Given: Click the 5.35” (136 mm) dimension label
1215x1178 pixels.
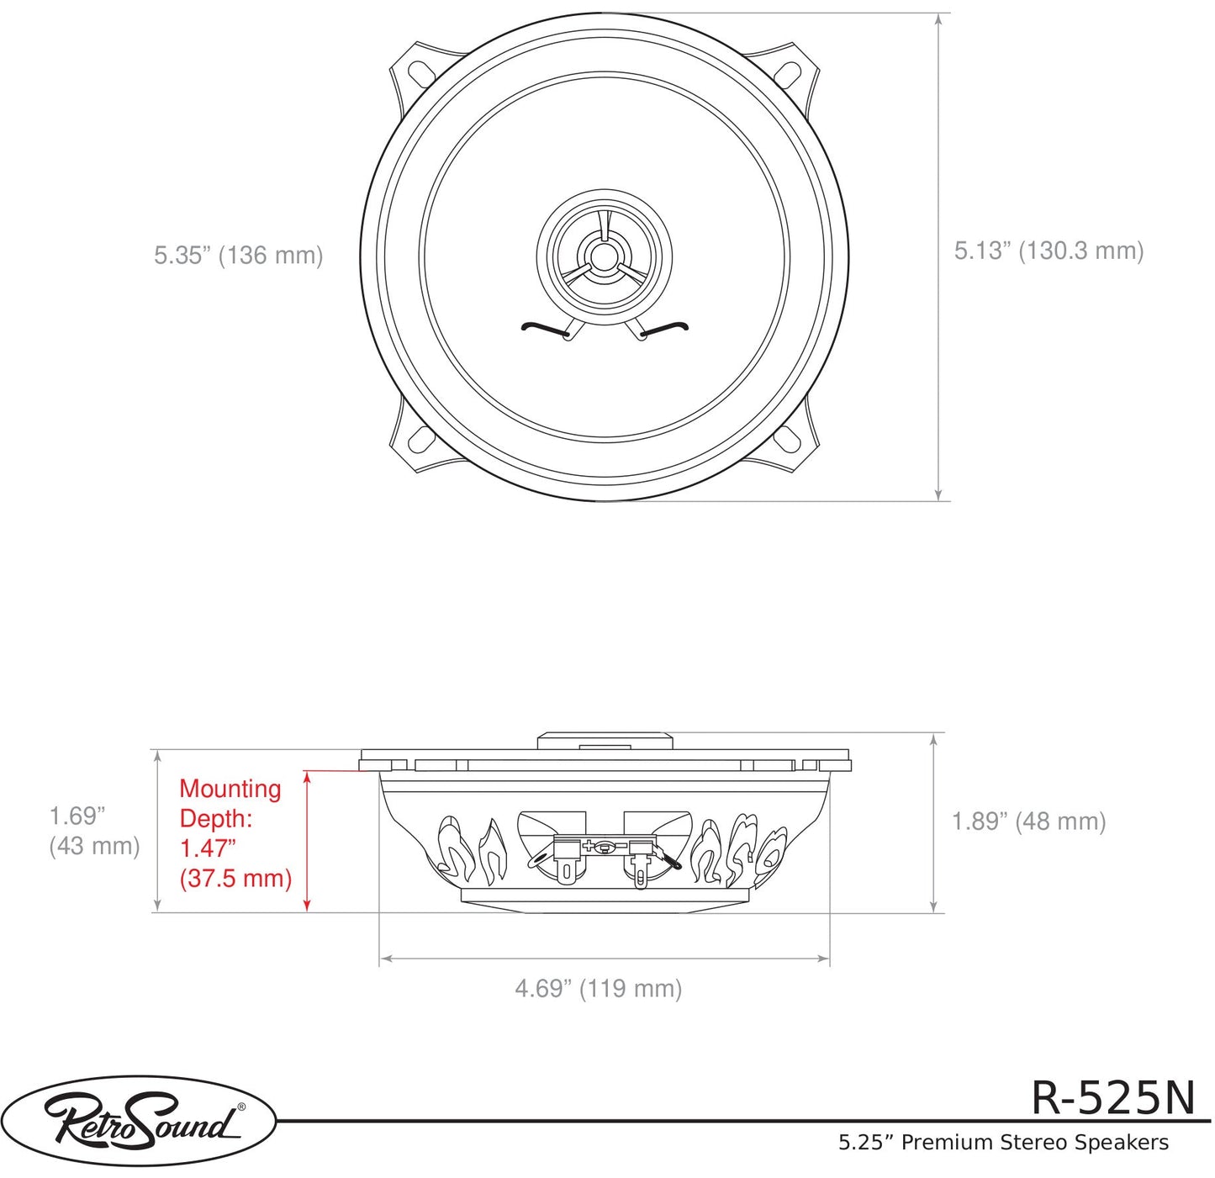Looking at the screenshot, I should pyautogui.click(x=238, y=255).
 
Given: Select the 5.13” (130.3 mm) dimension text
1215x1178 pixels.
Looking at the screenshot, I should pyautogui.click(x=1048, y=251).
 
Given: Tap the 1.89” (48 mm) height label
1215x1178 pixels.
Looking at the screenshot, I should pyautogui.click(x=1027, y=821).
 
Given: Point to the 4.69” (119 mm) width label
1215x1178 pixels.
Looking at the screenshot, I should pyautogui.click(x=598, y=988).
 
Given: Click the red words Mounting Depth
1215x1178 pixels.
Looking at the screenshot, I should pyautogui.click(x=230, y=803).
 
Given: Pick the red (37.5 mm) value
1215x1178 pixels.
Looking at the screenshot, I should pyautogui.click(x=235, y=879).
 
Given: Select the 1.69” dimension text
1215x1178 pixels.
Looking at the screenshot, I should pyautogui.click(x=77, y=816).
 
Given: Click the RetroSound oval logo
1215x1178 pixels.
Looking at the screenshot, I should pyautogui.click(x=139, y=1121).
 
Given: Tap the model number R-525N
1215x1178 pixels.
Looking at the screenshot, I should pyautogui.click(x=1112, y=1097).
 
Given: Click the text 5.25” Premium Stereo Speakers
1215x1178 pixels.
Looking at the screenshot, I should pyautogui.click(x=1002, y=1143).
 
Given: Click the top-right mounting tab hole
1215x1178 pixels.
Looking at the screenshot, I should pyautogui.click(x=788, y=73).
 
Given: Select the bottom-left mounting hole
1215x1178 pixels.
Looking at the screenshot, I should pyautogui.click(x=420, y=440).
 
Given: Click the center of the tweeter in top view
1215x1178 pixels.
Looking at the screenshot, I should pyautogui.click(x=604, y=255).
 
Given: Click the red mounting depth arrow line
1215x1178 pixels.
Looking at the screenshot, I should pyautogui.click(x=307, y=841).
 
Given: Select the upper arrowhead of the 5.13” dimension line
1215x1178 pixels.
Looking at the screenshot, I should pyautogui.click(x=938, y=20).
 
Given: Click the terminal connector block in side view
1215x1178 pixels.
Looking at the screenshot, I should pyautogui.click(x=603, y=847).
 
